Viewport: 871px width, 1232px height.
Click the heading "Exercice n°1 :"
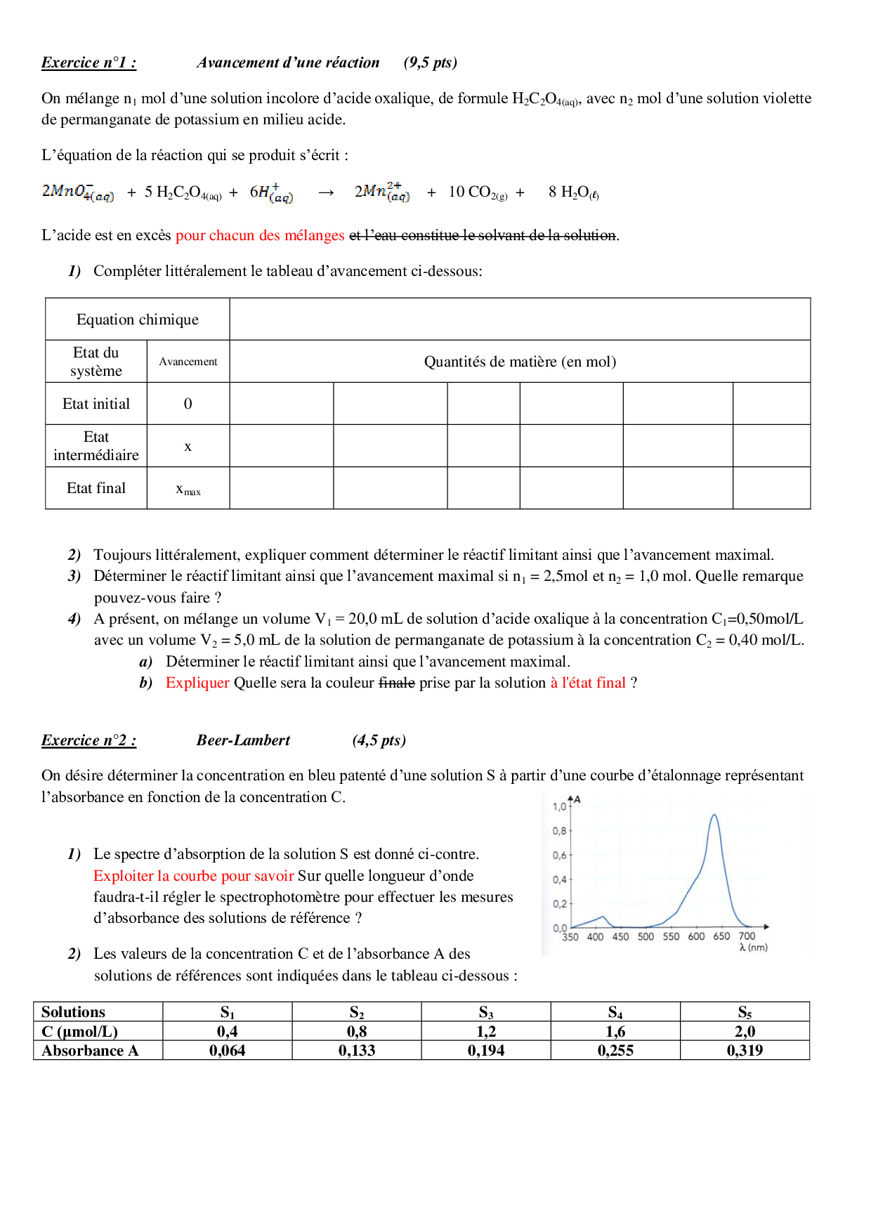click(x=89, y=63)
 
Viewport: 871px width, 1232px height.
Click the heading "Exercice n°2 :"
click(x=89, y=740)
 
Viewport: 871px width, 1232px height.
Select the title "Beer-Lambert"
click(x=243, y=740)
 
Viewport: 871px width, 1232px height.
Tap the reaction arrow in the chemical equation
click(x=326, y=192)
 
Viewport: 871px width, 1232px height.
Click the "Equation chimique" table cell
click(x=138, y=320)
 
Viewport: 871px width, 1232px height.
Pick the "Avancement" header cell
click(x=188, y=362)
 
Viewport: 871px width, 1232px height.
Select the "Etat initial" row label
click(x=96, y=404)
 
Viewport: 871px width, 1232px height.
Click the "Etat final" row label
click(x=96, y=488)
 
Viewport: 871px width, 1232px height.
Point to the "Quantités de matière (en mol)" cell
click(x=520, y=362)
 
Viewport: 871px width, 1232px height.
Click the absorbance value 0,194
click(x=486, y=1051)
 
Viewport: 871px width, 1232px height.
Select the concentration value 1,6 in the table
click(x=615, y=1032)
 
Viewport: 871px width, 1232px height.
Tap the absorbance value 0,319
click(x=745, y=1051)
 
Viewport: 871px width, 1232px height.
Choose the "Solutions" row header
click(x=73, y=1012)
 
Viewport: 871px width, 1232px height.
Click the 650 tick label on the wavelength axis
click(x=721, y=936)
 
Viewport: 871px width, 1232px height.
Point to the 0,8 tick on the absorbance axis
click(x=559, y=831)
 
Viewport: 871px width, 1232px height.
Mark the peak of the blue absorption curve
click(x=714, y=815)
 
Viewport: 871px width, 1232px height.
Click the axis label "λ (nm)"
click(x=753, y=948)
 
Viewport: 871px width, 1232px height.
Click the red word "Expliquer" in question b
click(x=197, y=683)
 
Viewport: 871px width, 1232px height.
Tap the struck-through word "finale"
click(x=397, y=683)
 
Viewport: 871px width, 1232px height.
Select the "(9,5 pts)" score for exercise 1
click(x=430, y=63)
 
